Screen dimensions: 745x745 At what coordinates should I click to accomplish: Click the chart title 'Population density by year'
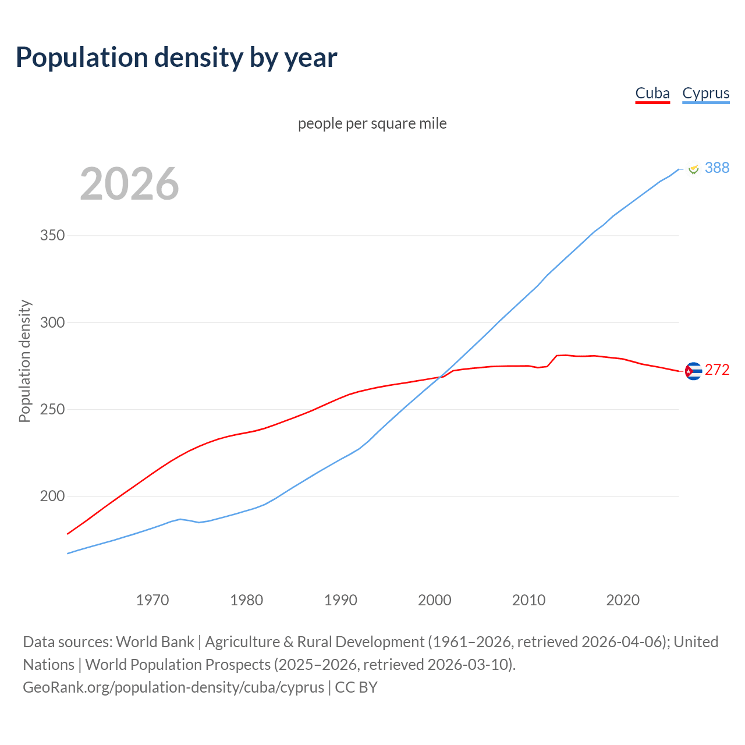coord(176,57)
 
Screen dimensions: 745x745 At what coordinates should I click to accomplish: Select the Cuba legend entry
coord(652,93)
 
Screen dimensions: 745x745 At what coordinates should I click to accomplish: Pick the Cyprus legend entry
coord(705,93)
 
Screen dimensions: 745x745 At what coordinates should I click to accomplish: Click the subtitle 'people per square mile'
coord(372,123)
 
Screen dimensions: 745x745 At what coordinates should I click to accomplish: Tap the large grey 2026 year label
coord(129,184)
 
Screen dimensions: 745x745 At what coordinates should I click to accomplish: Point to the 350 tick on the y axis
coord(52,236)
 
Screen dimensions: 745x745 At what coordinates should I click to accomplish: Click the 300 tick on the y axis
coord(52,322)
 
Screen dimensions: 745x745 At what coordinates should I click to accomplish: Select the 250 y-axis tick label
coord(52,409)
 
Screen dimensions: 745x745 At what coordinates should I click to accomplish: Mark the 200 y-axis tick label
coord(52,496)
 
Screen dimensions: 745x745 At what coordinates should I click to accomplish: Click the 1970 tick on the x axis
coord(152,599)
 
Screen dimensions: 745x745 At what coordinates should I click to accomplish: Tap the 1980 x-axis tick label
coord(246,599)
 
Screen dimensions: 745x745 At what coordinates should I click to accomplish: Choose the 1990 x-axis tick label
coord(340,599)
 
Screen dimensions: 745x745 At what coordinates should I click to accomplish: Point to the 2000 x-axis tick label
coord(435,599)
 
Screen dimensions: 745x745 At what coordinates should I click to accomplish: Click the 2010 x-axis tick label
coord(528,599)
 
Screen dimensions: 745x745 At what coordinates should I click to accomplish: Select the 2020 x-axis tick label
coord(623,599)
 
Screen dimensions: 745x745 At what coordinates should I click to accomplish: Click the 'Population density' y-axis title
coord(24,361)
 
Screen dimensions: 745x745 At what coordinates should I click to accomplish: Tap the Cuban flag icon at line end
coord(693,371)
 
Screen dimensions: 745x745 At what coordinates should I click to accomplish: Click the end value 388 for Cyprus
coord(716,168)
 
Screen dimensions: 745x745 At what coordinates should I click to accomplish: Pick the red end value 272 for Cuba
coord(716,370)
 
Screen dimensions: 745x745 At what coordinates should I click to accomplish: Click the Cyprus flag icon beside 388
coord(693,168)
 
